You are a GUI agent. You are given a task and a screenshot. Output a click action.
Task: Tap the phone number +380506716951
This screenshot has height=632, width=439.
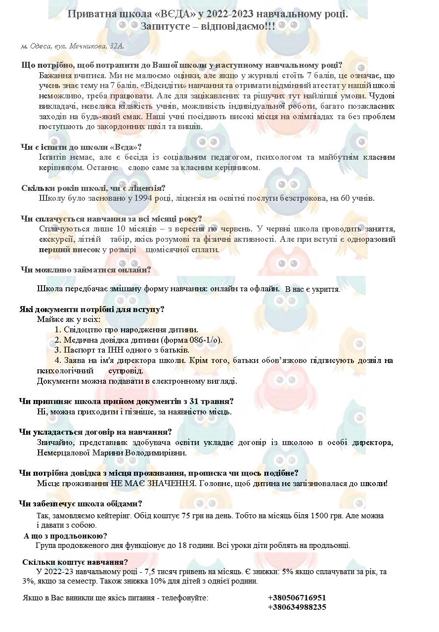[297, 597]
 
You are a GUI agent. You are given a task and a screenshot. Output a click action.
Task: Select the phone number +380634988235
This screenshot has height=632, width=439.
[297, 607]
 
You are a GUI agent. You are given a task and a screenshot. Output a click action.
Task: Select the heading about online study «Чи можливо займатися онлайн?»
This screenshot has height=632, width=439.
[86, 270]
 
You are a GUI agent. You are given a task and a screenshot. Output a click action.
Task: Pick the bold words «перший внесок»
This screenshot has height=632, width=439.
[70, 249]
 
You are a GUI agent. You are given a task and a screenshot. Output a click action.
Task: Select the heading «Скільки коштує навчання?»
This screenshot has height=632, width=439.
[75, 562]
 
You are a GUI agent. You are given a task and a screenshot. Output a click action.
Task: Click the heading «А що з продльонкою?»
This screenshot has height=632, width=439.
[66, 536]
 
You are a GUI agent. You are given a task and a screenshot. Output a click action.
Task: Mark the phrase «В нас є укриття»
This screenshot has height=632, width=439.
[312, 289]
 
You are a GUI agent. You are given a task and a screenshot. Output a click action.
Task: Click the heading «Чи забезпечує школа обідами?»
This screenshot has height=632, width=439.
[81, 503]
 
